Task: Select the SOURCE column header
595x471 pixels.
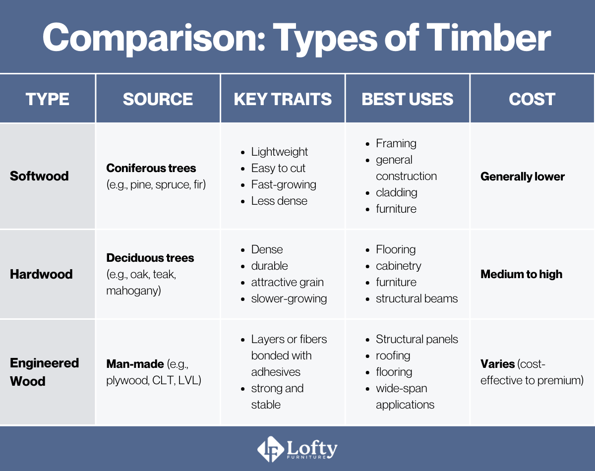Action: coord(158,99)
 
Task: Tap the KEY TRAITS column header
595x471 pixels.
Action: coord(283,99)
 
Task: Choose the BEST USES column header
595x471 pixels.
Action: coord(407,99)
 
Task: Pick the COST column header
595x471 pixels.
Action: coord(532,99)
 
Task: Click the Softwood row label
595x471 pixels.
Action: coord(39,176)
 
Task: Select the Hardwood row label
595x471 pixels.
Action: coord(41,274)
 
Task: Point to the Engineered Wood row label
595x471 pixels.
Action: coord(44,372)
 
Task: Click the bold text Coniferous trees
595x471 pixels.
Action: coord(151,168)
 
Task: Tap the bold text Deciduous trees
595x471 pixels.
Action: coord(150,258)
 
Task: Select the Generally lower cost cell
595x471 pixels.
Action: coord(523,177)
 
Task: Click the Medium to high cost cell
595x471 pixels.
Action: coord(521,274)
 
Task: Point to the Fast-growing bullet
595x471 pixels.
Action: coord(284,184)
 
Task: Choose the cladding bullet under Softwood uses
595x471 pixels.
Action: coord(396,192)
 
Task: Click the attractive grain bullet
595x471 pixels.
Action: coord(287,282)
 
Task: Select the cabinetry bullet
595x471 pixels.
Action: coord(398,266)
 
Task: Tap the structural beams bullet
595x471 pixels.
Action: coord(416,298)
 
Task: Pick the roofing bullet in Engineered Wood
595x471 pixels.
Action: coord(393,355)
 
